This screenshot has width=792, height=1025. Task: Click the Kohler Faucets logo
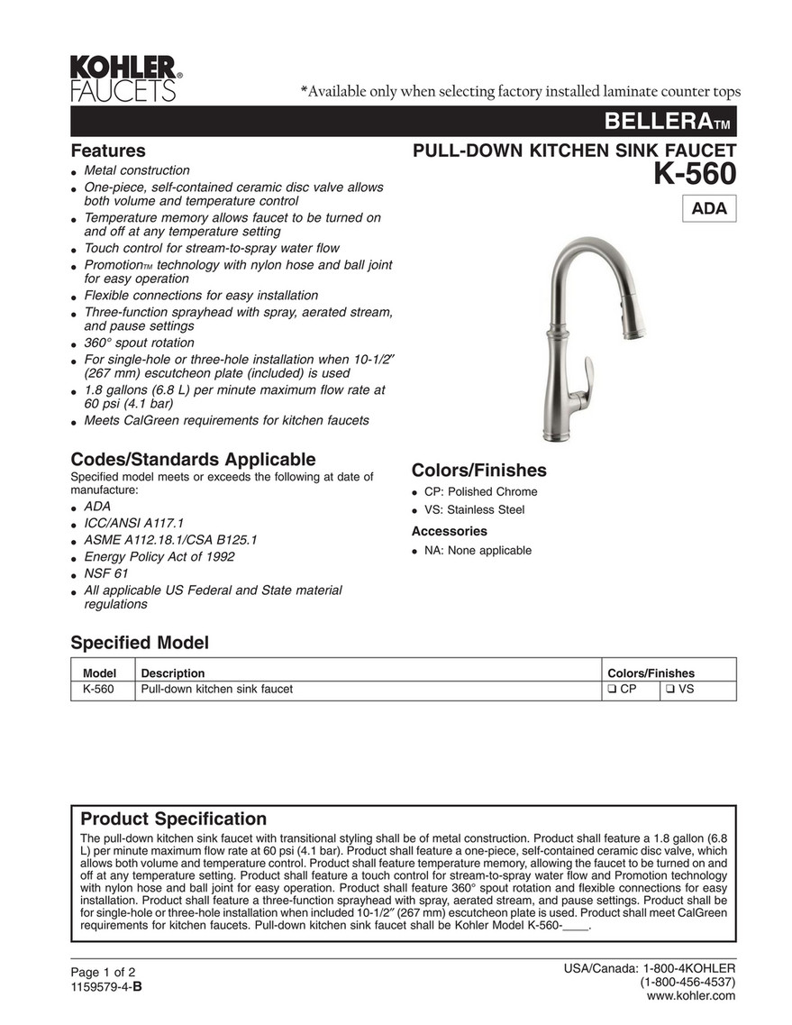pos(126,78)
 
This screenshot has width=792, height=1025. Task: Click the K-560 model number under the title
pos(694,174)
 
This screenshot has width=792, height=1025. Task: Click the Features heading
pos(108,151)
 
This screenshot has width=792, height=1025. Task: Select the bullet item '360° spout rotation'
pos(139,343)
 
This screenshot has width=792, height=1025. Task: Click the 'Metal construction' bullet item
pos(136,170)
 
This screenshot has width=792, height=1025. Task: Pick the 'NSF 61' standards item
pos(105,573)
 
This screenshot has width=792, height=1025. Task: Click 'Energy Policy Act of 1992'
pos(159,556)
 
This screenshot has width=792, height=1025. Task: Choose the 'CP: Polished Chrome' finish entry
pos(480,491)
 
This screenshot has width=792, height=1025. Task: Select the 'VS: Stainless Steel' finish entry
pos(474,509)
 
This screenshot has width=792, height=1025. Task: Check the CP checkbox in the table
pos(612,690)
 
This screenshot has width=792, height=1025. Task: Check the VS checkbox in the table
pos(672,690)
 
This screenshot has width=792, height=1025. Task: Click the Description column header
pos(172,673)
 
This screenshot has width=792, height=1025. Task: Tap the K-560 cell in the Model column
pos(97,690)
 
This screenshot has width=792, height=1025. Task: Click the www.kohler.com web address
pos(692,995)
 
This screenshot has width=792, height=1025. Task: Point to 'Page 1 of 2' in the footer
pos(102,972)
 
